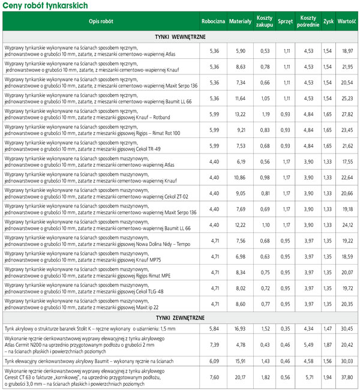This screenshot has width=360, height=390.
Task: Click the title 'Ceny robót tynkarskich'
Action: (x=46, y=5)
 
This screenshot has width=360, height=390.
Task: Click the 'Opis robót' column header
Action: (x=100, y=21)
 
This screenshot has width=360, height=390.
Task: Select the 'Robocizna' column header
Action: (x=214, y=21)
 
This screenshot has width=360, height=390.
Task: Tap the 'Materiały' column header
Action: (x=241, y=21)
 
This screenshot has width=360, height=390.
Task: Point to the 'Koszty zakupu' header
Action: (x=264, y=21)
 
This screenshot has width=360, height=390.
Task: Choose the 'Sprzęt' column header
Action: (x=286, y=21)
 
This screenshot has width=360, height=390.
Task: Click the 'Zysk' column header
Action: (x=328, y=21)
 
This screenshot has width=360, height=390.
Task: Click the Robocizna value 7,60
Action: (x=214, y=377)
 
